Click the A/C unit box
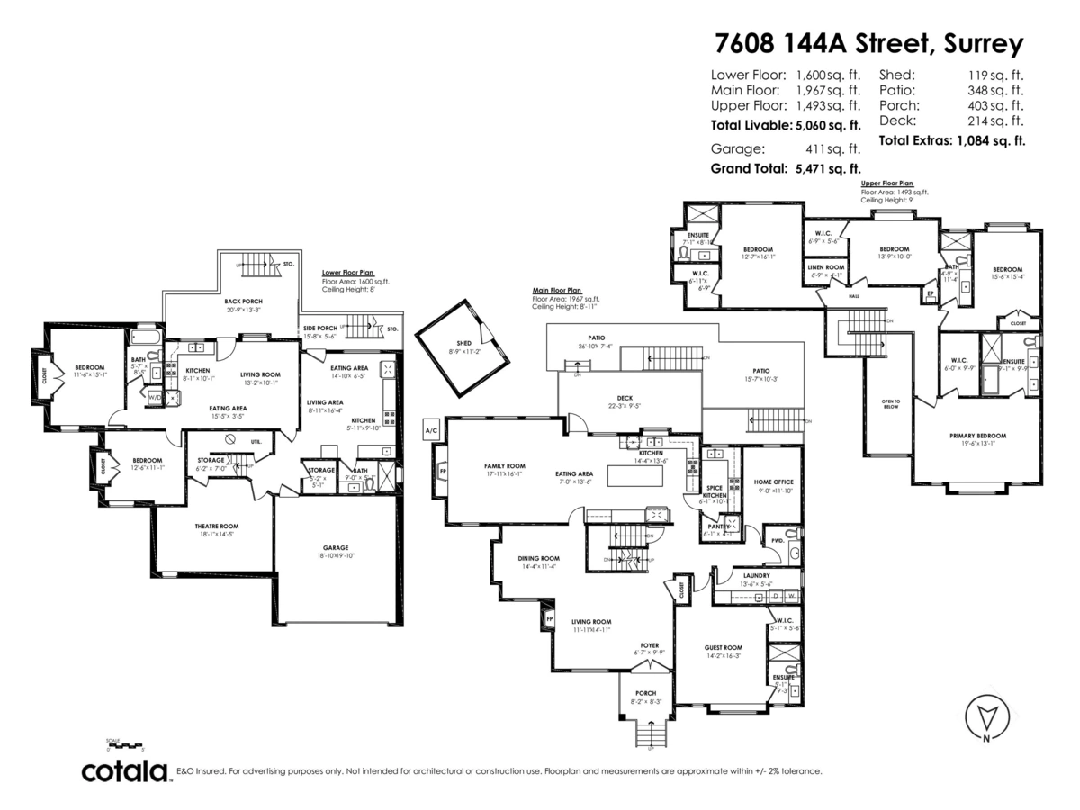click(x=431, y=432)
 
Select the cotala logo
click(x=125, y=771)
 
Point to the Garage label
click(x=336, y=547)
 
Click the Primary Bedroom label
click(x=977, y=436)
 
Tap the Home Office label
click(x=773, y=482)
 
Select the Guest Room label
click(x=723, y=647)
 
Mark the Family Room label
click(x=504, y=466)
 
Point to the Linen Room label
click(x=824, y=268)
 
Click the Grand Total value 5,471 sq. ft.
click(x=824, y=168)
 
